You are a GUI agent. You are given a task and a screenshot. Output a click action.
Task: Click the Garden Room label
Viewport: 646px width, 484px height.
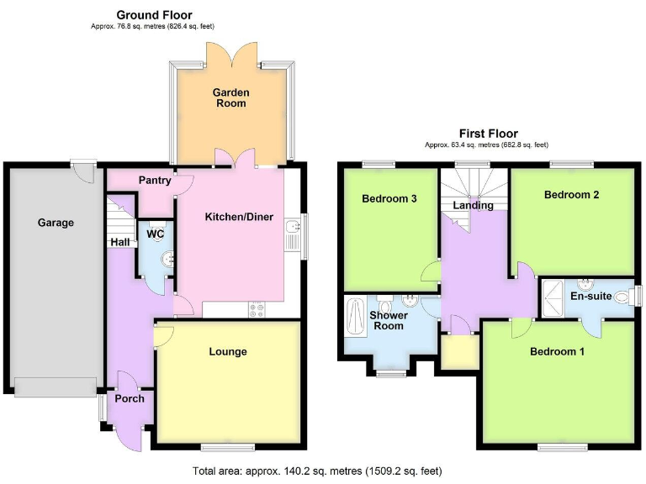230,97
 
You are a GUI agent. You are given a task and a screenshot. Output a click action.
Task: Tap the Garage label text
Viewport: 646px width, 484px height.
56,223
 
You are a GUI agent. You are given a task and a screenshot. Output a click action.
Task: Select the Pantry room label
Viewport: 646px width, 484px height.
155,180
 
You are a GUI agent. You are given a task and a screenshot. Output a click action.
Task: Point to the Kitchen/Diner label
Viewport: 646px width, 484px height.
240,217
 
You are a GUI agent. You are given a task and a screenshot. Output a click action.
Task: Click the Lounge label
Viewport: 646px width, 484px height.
228,351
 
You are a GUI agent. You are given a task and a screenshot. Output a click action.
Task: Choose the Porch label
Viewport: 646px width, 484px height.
130,398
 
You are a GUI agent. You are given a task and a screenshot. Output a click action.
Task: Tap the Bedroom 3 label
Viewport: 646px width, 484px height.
389,199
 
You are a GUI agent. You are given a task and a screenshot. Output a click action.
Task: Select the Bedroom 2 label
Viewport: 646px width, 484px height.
571,195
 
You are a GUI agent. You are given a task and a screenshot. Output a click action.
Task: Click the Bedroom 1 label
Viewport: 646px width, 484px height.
557,352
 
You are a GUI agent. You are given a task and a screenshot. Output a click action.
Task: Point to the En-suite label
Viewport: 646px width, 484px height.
590,296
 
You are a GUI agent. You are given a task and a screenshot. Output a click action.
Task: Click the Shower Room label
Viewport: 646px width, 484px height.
389,321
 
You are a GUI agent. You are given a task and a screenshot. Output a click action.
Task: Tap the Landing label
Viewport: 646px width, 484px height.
474,205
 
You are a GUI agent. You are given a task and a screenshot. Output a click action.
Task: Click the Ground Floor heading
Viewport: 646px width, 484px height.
154,15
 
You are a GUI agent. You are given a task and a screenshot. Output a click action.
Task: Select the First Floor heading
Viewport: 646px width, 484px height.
488,134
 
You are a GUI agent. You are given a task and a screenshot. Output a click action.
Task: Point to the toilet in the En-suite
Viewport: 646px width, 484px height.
622,297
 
